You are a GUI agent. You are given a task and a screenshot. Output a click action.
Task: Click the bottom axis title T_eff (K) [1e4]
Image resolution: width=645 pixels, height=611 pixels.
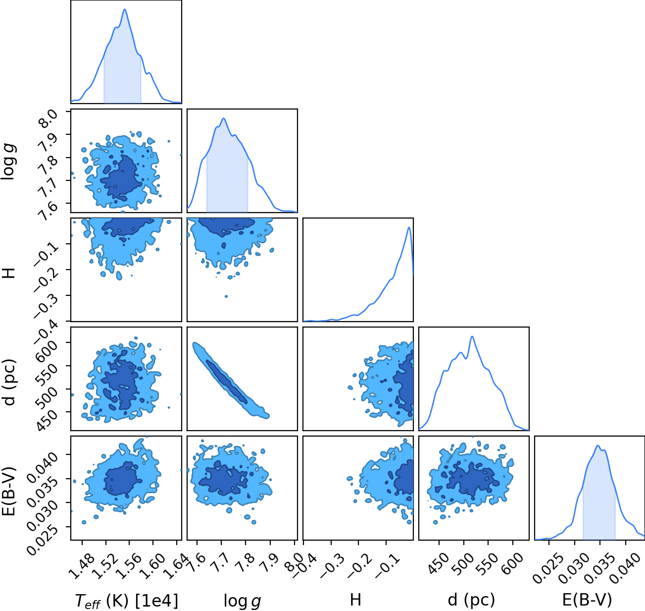coord(127,601)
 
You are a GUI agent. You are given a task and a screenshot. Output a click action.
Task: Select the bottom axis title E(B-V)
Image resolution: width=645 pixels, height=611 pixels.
coord(587,600)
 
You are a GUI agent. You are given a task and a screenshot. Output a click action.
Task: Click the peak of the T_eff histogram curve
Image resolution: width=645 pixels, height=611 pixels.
coord(125,9)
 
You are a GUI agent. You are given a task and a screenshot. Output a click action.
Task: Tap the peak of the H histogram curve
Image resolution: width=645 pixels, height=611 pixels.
coord(409,227)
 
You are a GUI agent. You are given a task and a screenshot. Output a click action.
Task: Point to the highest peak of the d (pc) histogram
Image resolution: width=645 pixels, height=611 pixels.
coord(472,336)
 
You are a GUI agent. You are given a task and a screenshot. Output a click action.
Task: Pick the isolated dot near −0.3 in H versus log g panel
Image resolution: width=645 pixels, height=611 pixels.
coord(226,296)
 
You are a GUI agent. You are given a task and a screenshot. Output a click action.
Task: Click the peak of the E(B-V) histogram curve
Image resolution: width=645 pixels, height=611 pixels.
coord(597,446)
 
